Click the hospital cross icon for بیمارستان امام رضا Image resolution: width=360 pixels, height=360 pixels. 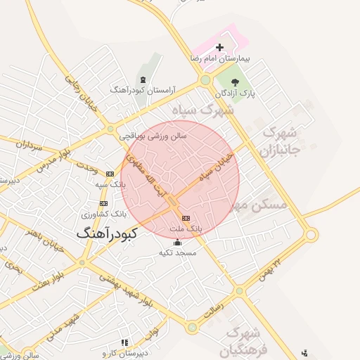pos(219,48)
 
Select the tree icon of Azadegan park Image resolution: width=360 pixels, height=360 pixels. pos(245,82)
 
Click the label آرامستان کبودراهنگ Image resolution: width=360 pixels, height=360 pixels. pos(143,90)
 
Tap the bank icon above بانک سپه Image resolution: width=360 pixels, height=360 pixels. pos(110,173)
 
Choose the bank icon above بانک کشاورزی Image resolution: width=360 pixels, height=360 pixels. pos(104,202)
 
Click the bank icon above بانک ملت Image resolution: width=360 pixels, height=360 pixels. pos(186,218)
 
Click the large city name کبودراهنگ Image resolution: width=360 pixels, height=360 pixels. pos(108,233)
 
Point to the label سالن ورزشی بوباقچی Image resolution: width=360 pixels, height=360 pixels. pos(153,137)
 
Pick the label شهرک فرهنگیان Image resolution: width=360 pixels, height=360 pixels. pos(243,340)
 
